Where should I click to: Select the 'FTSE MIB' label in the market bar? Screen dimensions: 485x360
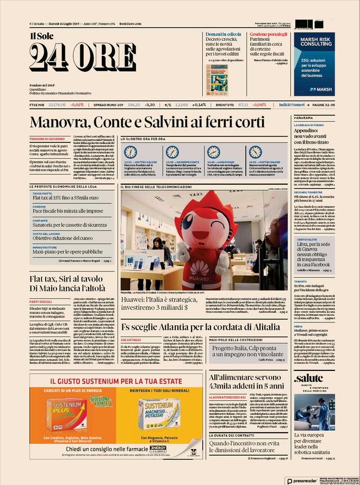pos(37,104)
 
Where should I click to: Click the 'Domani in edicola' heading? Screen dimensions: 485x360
pos(223,34)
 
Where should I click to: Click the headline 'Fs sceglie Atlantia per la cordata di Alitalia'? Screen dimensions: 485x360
pos(200,327)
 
